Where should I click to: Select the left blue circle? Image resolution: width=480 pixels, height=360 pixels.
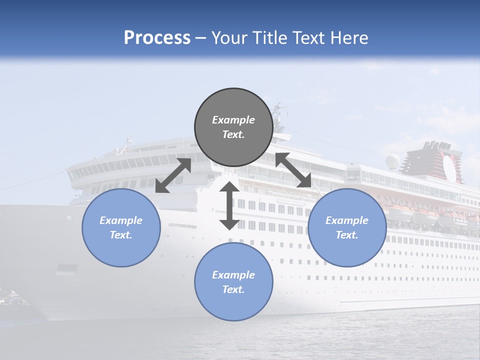tap(121, 227)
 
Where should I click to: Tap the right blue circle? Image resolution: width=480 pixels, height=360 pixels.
tap(347, 227)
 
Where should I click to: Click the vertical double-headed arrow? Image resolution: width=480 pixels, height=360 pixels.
tap(229, 205)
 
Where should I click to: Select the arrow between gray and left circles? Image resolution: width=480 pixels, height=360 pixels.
tap(173, 175)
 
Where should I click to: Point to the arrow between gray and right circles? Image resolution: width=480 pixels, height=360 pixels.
tap(293, 170)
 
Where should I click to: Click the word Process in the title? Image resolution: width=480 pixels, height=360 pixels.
tap(157, 38)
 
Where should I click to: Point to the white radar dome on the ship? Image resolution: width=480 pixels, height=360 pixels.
tap(392, 161)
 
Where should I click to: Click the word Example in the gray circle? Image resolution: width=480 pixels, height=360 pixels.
tap(233, 120)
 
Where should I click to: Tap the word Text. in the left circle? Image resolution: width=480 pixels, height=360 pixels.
tap(121, 235)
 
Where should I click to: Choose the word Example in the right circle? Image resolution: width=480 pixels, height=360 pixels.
tap(347, 220)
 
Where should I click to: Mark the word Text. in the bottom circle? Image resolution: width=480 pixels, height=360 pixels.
tap(233, 289)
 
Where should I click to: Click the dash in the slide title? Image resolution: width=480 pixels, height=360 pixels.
tap(201, 38)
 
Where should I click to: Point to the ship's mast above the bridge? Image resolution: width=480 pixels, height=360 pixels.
tap(278, 112)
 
